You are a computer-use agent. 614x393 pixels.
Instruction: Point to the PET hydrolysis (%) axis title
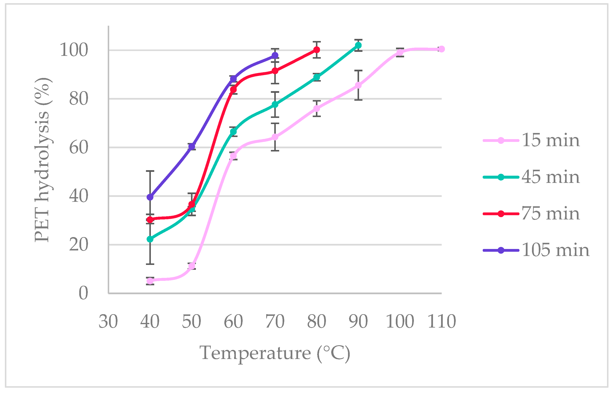tap(42, 160)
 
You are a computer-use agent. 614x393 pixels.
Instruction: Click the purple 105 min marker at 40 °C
tap(150, 197)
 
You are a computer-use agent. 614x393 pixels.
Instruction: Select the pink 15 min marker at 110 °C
tap(441, 49)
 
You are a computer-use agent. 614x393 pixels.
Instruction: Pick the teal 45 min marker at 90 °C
tap(358, 45)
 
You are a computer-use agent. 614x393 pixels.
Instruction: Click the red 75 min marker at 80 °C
tap(317, 50)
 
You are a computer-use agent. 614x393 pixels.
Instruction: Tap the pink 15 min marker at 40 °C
tap(150, 281)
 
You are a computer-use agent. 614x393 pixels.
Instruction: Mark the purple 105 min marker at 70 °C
tap(275, 55)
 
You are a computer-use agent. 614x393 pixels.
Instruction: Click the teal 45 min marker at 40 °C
tap(150, 239)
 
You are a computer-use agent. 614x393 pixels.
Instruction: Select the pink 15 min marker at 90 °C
tap(358, 85)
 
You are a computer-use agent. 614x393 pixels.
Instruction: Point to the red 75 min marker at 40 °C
tap(150, 219)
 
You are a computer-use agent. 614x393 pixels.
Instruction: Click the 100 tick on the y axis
tap(74, 50)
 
